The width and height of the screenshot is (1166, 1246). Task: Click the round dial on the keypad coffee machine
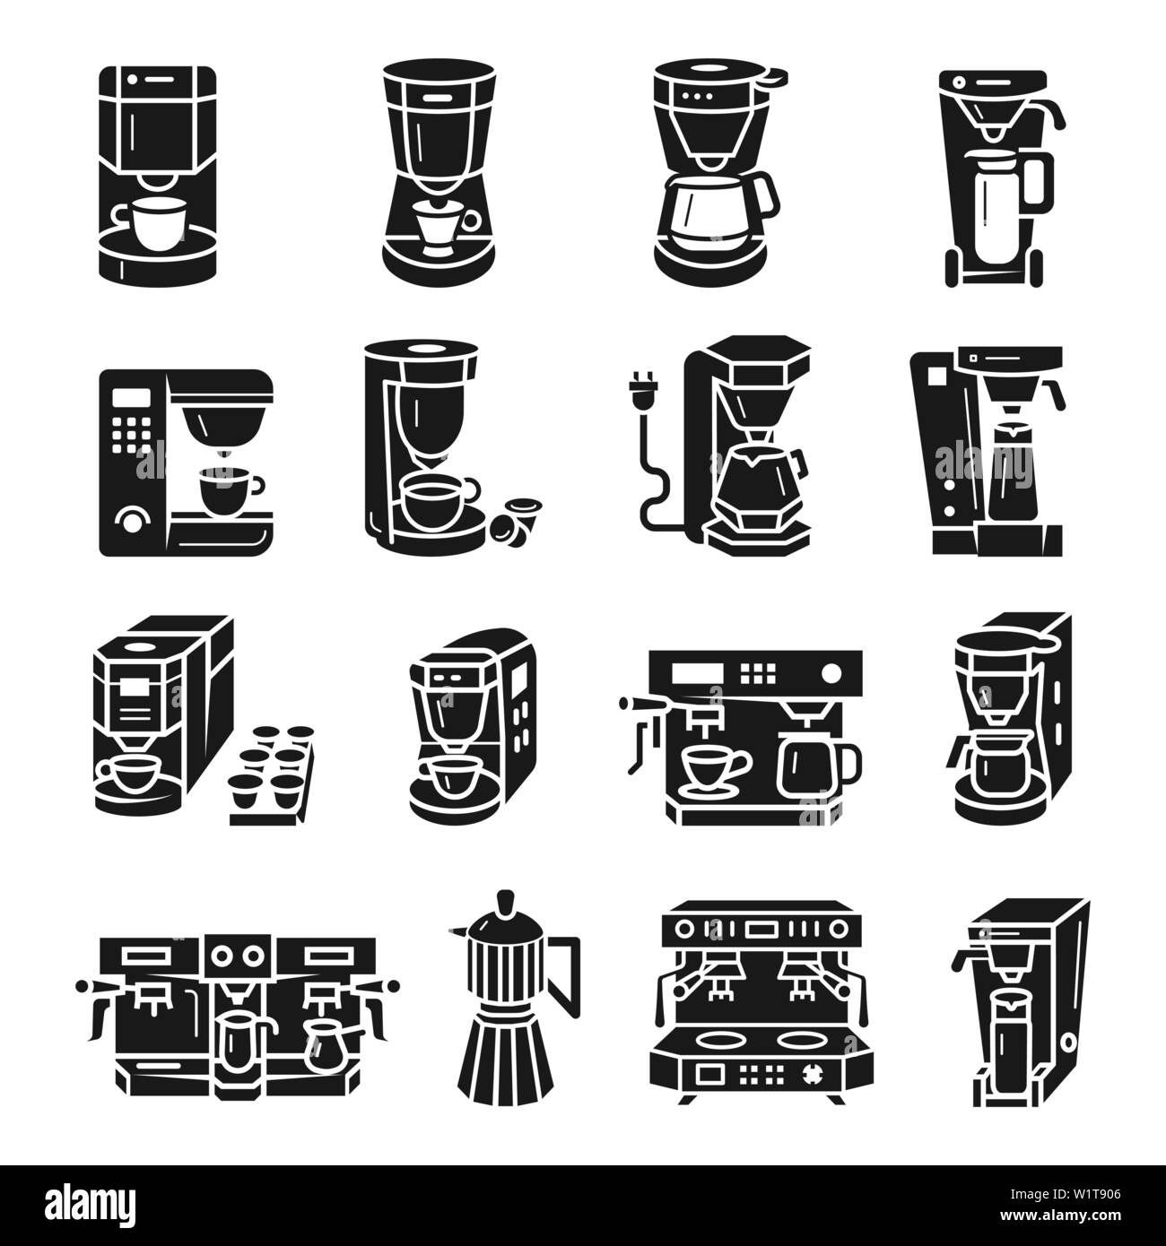pos(134,519)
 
